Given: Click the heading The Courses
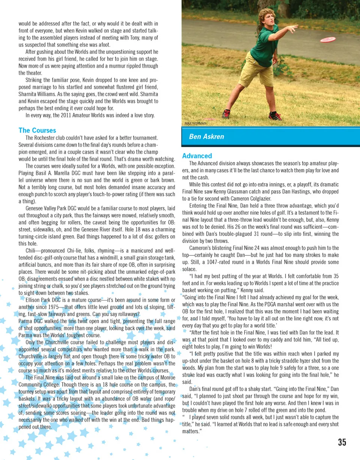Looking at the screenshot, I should click(x=37, y=130).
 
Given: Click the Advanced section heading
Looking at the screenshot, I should click(x=197, y=156).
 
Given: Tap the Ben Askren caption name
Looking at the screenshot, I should click(x=206, y=136).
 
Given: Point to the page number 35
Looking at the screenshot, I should click(x=342, y=442).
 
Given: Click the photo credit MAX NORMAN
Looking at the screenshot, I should click(x=195, y=123).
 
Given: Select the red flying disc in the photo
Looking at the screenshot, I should click(x=327, y=39).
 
